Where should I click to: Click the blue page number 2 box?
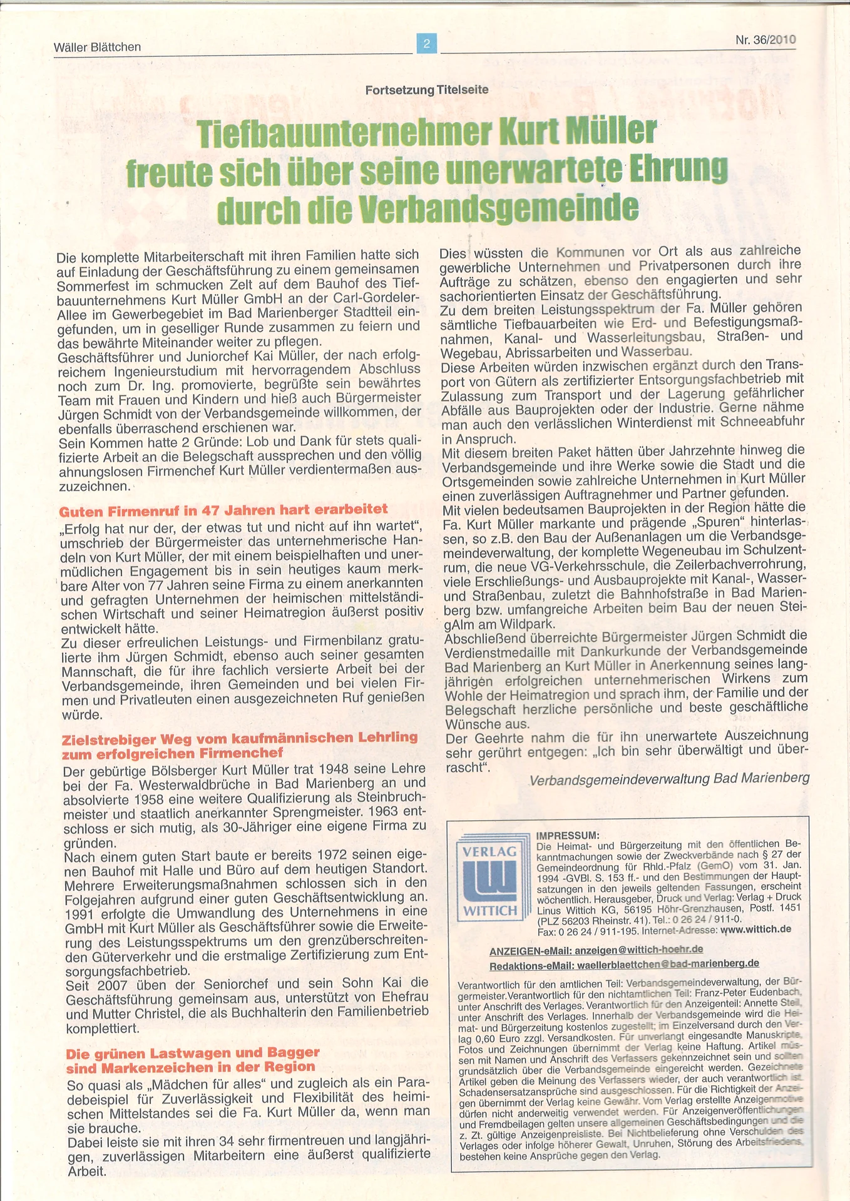[427, 43]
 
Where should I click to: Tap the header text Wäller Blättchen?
[98, 47]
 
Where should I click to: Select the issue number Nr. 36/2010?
[766, 40]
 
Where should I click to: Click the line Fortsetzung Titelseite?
[427, 89]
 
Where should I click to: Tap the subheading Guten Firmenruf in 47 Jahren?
[223, 510]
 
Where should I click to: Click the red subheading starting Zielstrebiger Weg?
[240, 737]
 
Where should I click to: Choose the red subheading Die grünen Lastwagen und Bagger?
[193, 1053]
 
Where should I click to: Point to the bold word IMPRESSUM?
[568, 836]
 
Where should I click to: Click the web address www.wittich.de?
[755, 930]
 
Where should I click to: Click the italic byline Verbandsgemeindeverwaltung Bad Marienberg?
[669, 779]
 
